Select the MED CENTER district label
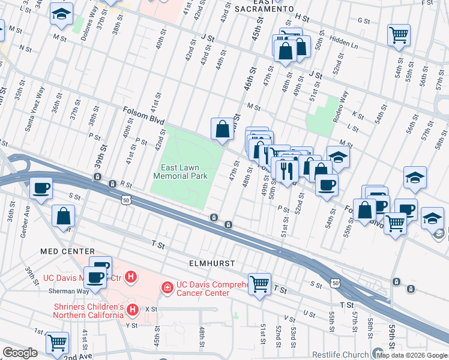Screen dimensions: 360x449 (x=68, y=251)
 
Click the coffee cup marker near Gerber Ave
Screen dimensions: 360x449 (x=41, y=188)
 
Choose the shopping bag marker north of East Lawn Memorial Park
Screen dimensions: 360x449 (x=222, y=128)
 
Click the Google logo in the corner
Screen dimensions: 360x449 (x=20, y=353)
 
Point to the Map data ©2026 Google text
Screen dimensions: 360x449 (x=412, y=355)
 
